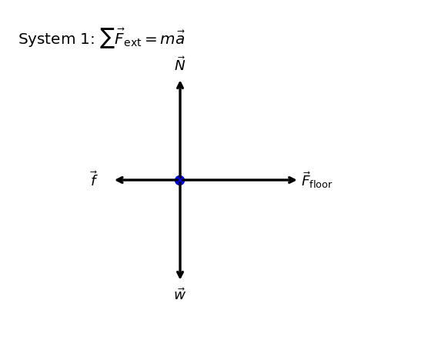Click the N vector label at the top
coord(180,64)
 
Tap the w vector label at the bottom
coord(180,294)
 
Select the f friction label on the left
coord(94,178)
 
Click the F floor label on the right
coord(316,180)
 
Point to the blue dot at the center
coord(180,180)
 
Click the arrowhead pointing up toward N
coord(180,85)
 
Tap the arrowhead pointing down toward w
coord(180,275)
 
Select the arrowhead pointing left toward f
coord(120,180)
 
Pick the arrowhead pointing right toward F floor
coord(292,180)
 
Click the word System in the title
coord(47,39)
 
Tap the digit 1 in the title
coord(85,38)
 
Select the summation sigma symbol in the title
coord(107,38)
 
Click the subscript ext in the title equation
coord(132,42)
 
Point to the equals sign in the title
coord(151,39)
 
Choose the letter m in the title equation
coord(167,39)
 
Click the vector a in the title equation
coord(179,38)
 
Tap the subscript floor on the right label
coord(321,184)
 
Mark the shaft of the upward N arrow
coord(180,131)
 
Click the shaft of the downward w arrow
coord(180,229)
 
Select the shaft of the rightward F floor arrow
coord(238,180)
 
